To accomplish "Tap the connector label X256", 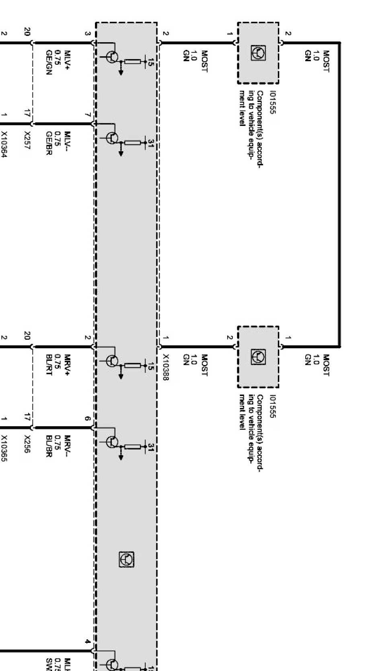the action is coord(28,444).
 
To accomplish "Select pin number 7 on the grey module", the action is coord(88,115).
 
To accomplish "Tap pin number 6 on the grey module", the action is coord(88,419).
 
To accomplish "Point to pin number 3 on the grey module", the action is coord(88,33).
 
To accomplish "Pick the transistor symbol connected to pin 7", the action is coord(113,138).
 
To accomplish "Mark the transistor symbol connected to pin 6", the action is coord(113,442).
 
